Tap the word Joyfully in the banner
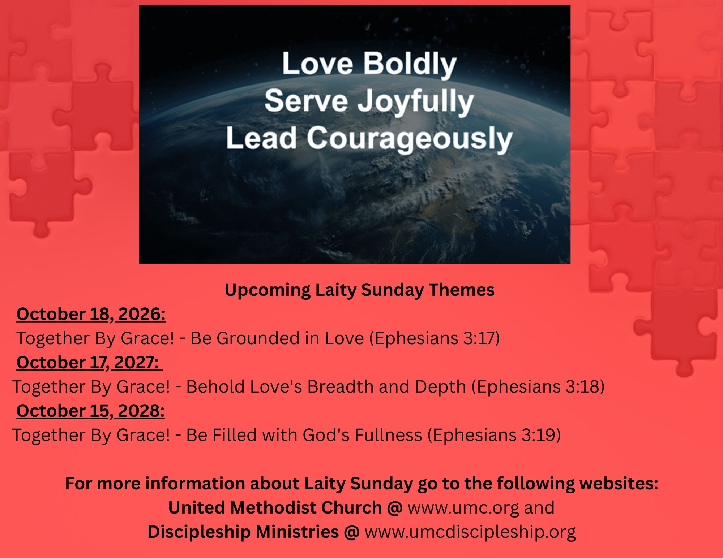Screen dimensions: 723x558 415,101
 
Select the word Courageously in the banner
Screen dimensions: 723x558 410,139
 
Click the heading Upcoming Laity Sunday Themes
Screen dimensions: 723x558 360,290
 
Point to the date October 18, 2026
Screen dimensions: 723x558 91,314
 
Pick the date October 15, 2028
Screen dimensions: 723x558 90,411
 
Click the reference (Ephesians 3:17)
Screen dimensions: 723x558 434,338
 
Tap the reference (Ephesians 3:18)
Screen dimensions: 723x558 538,387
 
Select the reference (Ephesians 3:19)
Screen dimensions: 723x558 494,435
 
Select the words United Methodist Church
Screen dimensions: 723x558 275,508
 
